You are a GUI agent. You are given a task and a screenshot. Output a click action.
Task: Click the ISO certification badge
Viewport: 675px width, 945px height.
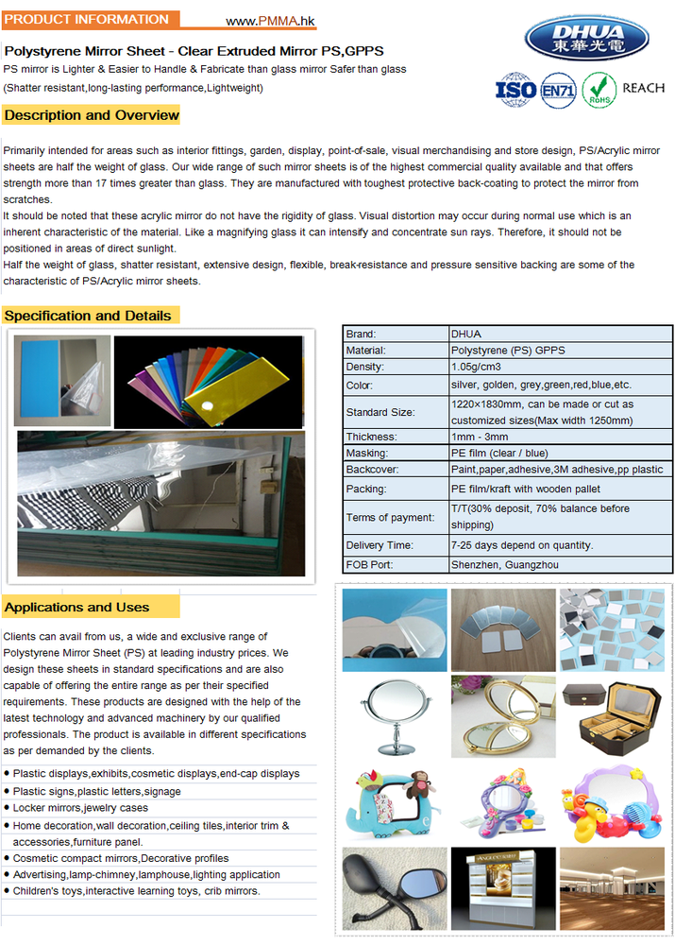[515, 89]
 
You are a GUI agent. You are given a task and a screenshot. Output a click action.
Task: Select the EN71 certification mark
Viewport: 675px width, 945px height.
[558, 90]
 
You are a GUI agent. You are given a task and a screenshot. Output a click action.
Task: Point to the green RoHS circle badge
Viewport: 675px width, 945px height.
[599, 90]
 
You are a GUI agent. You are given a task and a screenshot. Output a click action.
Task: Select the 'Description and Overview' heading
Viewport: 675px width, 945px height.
[92, 115]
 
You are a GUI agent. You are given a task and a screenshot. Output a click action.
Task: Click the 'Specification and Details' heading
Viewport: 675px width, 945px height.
[89, 316]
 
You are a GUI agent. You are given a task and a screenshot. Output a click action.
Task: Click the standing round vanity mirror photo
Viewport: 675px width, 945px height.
[391, 716]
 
